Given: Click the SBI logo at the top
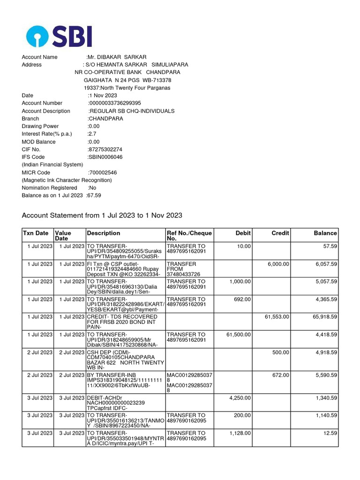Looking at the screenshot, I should (x=59, y=36).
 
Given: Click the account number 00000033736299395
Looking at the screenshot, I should (x=115, y=103).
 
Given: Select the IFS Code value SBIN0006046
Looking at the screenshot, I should (x=105, y=157).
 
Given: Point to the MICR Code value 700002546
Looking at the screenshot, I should (x=103, y=172).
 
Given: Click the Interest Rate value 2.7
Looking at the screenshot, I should (x=92, y=134).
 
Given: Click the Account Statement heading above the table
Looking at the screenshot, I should (x=102, y=216).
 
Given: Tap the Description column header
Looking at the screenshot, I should (x=104, y=233).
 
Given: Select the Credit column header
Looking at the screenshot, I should (x=280, y=233).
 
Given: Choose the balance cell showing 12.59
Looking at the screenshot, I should (x=330, y=433).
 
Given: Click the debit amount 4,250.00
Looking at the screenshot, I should (x=240, y=397).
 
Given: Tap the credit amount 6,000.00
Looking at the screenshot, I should (x=278, y=264).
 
